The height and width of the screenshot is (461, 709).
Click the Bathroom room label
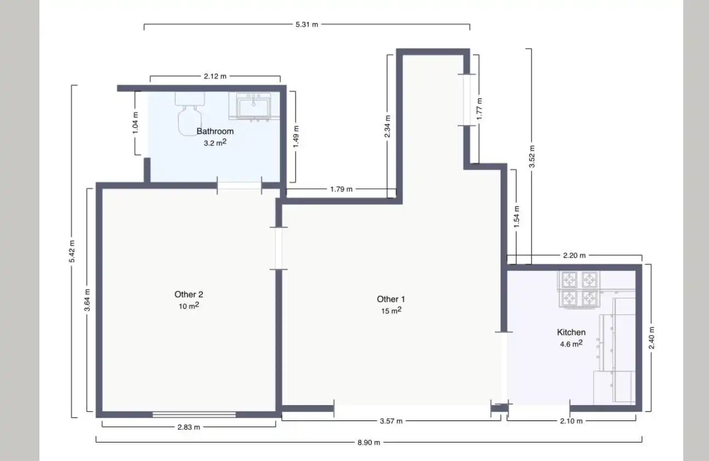click(x=215, y=131)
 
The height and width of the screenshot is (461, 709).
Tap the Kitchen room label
click(x=571, y=332)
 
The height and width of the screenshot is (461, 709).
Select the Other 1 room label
click(x=390, y=299)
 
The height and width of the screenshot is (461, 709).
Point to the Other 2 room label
click(x=189, y=294)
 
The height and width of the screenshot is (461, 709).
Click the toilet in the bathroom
click(x=189, y=114)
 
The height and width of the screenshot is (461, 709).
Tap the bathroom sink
click(x=254, y=106)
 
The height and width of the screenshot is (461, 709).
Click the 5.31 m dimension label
click(x=307, y=25)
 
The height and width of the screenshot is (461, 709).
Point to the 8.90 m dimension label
click(x=369, y=442)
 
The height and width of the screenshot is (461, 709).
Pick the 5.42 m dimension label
click(x=72, y=251)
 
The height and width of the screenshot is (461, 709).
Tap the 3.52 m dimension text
click(x=532, y=157)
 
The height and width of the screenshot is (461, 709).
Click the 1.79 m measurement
click(x=341, y=189)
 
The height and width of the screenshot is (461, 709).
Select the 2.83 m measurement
click(x=189, y=427)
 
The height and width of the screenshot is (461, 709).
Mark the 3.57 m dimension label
click(x=391, y=421)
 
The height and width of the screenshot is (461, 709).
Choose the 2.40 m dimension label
click(x=652, y=338)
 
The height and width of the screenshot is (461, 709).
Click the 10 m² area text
click(x=189, y=306)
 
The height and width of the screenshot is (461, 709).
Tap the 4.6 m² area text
click(x=572, y=343)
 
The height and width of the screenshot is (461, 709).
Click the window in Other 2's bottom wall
click(x=194, y=414)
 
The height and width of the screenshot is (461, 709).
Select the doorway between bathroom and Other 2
click(x=239, y=186)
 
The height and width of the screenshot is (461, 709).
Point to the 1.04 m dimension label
click(x=135, y=123)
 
